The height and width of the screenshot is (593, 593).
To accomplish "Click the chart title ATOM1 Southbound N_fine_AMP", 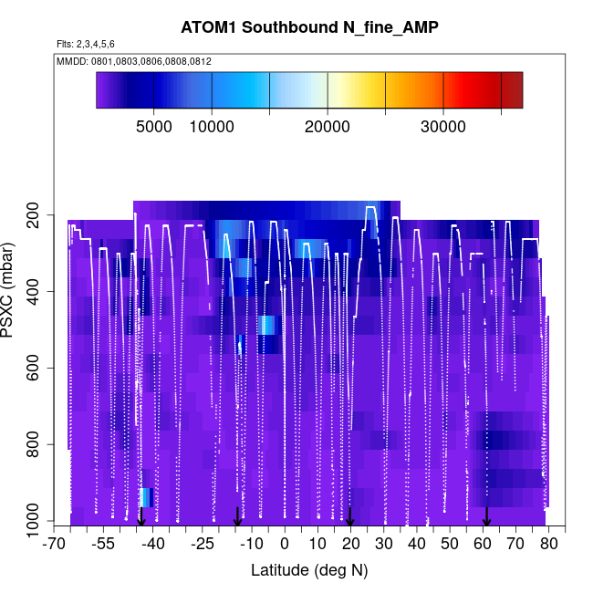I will pyautogui.click(x=308, y=28).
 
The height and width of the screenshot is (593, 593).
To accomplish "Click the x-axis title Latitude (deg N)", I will pyautogui.click(x=308, y=570).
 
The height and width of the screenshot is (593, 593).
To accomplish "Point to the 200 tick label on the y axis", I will pyautogui.click(x=40, y=215).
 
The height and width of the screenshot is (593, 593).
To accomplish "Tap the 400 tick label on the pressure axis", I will pyautogui.click(x=40, y=292).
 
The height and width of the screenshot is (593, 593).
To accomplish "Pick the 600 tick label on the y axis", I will pyautogui.click(x=40, y=369).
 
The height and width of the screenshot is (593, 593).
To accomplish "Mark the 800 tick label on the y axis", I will pyautogui.click(x=40, y=445).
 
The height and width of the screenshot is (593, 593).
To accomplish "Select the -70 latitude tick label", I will pyautogui.click(x=55, y=545).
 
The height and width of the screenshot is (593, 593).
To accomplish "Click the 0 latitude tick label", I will pyautogui.click(x=285, y=545).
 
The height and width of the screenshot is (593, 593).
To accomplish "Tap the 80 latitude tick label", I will pyautogui.click(x=549, y=545).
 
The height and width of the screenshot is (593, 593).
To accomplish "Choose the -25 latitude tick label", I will pyautogui.click(x=203, y=545).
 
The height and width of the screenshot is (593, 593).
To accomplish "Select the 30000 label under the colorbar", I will pyautogui.click(x=443, y=127).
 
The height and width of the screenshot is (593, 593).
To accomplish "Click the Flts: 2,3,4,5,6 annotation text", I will pyautogui.click(x=86, y=44).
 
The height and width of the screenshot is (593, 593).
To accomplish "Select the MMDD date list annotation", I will pyautogui.click(x=134, y=61).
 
